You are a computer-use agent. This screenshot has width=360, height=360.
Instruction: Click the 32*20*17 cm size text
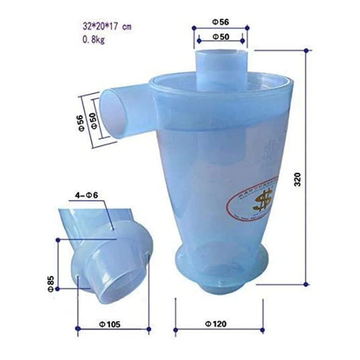coord(106,27)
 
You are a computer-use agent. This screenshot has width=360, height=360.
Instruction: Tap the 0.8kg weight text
coord(93,40)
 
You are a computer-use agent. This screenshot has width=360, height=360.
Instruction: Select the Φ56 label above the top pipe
coord(220,21)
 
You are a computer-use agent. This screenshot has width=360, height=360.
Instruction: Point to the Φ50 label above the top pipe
coord(220,36)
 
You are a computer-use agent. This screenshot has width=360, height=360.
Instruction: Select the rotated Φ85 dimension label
coord(51,283)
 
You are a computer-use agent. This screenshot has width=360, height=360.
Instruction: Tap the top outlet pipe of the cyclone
coord(220,67)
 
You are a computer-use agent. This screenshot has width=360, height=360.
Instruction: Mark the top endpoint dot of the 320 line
coord(306,50)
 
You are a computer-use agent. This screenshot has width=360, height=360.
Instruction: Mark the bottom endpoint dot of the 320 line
coord(306,284)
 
